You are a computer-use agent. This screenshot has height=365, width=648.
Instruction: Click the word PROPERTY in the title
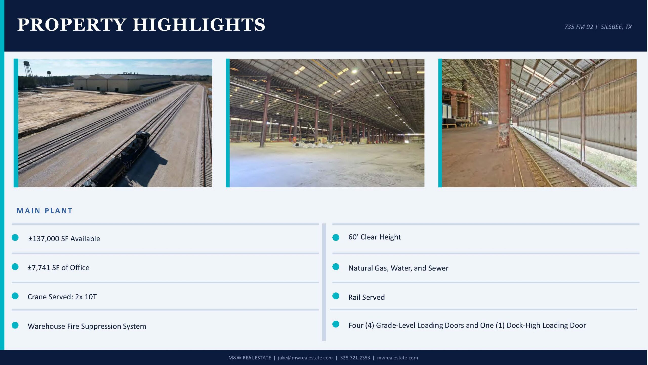[x=72, y=25]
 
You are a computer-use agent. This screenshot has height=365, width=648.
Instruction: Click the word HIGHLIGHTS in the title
[x=199, y=25]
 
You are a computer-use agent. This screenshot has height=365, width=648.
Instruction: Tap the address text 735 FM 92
[x=578, y=27]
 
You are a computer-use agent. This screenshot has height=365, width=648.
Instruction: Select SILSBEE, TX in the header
[x=616, y=27]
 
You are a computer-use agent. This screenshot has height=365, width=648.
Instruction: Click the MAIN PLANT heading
[x=45, y=211]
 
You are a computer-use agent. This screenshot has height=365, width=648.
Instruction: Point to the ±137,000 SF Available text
[x=64, y=239]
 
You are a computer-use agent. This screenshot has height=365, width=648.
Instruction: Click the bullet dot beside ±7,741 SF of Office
[x=15, y=267]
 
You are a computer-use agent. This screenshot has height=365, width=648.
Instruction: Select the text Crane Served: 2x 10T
[x=62, y=297]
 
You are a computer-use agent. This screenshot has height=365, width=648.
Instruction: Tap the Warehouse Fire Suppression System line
[x=87, y=326]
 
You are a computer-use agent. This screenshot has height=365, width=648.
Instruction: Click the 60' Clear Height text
[x=374, y=237]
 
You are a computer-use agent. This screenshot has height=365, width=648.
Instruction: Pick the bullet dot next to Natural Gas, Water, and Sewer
[x=336, y=267]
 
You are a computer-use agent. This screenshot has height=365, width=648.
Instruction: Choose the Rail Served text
[x=367, y=297]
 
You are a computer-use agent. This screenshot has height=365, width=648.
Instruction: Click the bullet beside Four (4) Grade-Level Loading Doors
[x=336, y=324]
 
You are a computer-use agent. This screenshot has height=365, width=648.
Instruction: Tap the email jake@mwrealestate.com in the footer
[x=305, y=358]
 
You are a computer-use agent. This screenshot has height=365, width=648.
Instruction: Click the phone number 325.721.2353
[x=355, y=358]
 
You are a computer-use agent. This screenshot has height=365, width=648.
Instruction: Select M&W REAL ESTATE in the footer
[x=250, y=358]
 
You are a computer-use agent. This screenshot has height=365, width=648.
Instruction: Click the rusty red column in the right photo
[x=504, y=104]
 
